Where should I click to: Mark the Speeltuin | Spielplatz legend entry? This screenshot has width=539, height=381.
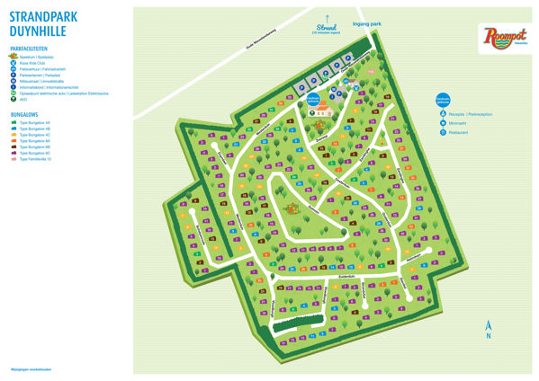[x=41, y=55]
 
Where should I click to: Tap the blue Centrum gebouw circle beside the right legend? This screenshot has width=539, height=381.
[x=442, y=101]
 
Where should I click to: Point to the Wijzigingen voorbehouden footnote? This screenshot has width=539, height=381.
[x=28, y=369]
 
